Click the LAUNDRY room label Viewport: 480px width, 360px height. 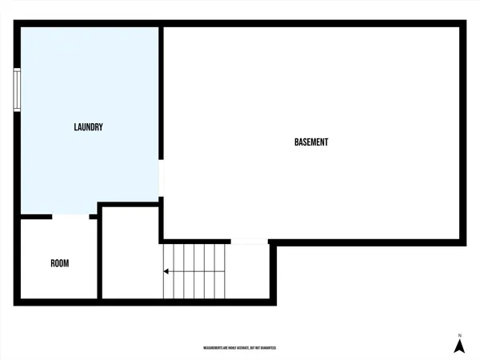point(88,127)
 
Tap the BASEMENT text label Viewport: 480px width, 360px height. point(311,142)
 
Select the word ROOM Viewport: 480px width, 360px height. point(60,263)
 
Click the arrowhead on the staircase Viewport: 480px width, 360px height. point(166,272)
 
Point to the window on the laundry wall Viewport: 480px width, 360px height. point(17,90)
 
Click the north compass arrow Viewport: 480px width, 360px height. point(459,346)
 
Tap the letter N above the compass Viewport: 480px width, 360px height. point(459,334)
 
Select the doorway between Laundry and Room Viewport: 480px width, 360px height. point(71,216)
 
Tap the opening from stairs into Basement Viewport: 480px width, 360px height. point(250,241)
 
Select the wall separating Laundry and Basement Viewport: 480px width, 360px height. point(161,96)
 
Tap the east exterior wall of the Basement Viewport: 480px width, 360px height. point(462,132)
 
